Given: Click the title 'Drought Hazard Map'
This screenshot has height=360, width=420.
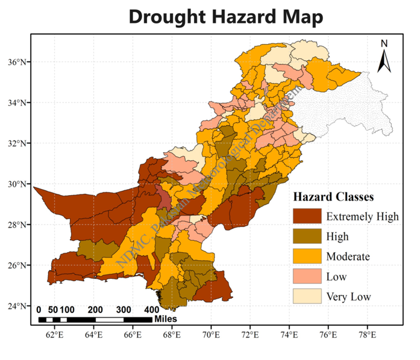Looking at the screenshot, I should pyautogui.click(x=225, y=17).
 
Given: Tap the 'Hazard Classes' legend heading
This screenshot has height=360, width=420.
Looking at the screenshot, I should pyautogui.click(x=334, y=197).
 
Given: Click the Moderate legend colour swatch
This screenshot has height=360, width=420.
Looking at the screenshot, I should pyautogui.click(x=306, y=256).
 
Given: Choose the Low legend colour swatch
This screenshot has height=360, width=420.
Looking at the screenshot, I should pyautogui.click(x=306, y=277).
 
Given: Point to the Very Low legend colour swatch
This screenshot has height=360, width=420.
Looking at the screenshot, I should pyautogui.click(x=306, y=297).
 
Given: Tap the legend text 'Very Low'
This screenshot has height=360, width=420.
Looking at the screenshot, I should pyautogui.click(x=348, y=297).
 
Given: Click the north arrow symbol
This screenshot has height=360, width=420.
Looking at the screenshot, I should pyautogui.click(x=384, y=61).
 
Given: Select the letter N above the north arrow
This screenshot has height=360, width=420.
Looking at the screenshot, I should pyautogui.click(x=384, y=43).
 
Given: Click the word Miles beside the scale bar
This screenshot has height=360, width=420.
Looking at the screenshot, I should pyautogui.click(x=166, y=318).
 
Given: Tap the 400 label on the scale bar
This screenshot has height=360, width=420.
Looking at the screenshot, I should pyautogui.click(x=150, y=309).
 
